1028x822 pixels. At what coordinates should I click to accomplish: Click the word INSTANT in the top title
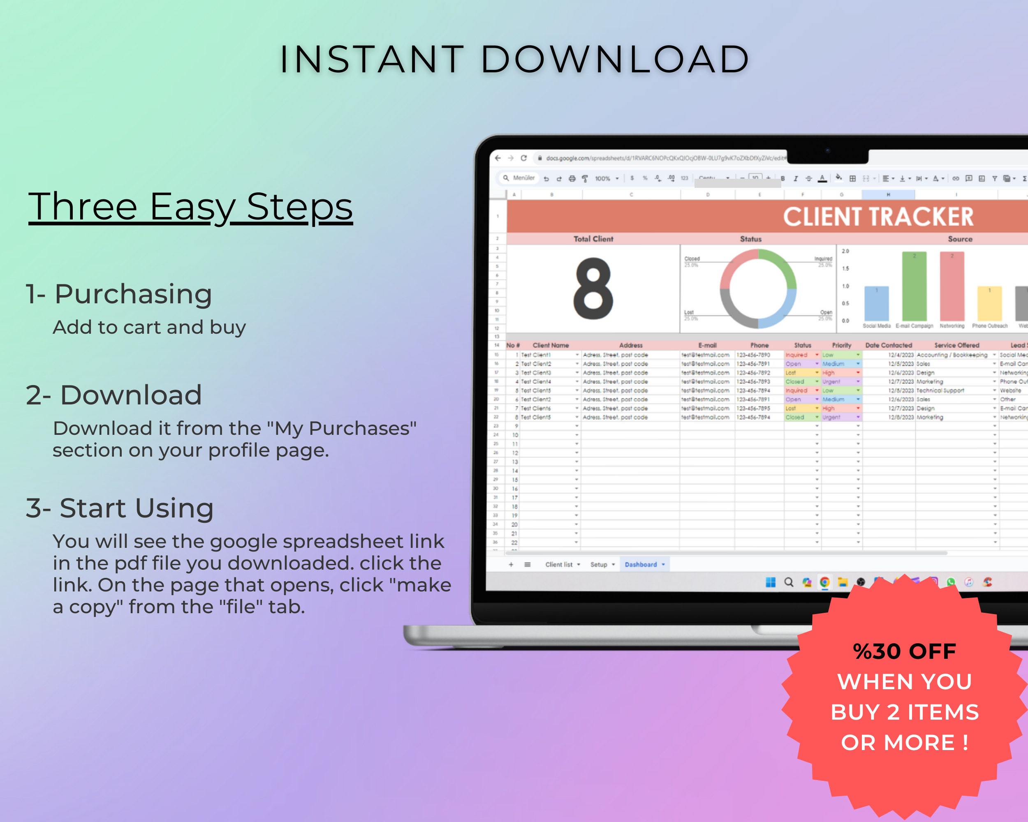point(371,60)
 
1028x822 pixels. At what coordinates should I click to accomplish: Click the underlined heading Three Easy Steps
point(190,207)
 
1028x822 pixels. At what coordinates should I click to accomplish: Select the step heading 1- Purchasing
point(119,293)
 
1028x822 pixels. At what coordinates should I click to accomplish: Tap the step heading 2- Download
point(114,395)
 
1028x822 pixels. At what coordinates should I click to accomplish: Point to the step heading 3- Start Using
point(120,508)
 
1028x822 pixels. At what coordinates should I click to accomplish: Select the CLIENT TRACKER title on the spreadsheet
point(878,217)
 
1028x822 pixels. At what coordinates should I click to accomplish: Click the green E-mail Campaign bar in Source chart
point(914,286)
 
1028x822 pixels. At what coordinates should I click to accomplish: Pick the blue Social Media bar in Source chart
point(876,304)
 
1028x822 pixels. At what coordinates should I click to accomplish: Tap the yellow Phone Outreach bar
point(989,304)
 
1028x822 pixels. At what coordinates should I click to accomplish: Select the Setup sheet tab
point(598,564)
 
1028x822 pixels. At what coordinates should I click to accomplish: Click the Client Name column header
point(551,345)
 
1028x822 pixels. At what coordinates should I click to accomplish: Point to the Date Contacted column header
point(888,345)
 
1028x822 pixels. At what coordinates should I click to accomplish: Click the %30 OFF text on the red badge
point(904,651)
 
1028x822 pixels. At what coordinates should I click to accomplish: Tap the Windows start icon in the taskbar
point(771,582)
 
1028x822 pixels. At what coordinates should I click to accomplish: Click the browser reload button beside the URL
point(523,158)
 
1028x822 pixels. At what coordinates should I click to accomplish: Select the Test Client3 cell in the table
point(536,373)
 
